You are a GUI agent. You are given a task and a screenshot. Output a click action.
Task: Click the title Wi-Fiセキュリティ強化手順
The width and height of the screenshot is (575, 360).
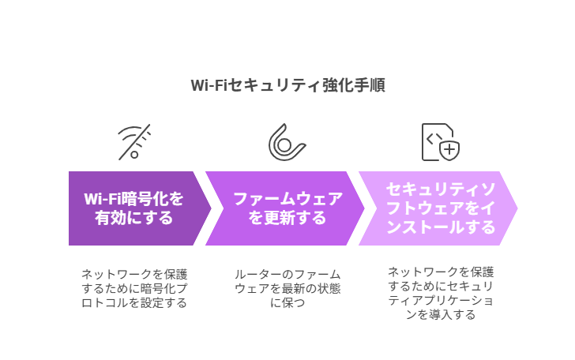[287, 85]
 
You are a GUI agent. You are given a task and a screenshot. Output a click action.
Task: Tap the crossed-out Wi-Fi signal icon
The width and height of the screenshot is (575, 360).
[134, 142]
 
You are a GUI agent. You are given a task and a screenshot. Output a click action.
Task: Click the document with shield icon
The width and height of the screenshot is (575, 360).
[441, 142]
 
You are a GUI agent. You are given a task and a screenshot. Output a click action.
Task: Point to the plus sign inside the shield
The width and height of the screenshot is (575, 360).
[449, 149]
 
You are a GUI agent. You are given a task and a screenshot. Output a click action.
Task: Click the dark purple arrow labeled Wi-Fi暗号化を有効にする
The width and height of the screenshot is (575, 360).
[139, 208]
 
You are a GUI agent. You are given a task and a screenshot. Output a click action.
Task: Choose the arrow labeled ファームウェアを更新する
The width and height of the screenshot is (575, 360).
[285, 208]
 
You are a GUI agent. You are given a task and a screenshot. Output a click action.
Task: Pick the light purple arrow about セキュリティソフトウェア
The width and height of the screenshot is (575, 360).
[438, 208]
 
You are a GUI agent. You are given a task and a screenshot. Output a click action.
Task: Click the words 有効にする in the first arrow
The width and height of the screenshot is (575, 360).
[133, 218]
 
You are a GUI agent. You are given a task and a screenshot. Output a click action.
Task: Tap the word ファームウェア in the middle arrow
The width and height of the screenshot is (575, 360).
[287, 199]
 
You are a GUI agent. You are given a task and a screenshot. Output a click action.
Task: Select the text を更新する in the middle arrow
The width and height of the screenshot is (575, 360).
[287, 218]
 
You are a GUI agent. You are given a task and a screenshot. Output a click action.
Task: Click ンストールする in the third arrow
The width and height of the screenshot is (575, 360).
[441, 227]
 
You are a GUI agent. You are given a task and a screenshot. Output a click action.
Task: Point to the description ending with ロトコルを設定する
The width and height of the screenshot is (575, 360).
[134, 288]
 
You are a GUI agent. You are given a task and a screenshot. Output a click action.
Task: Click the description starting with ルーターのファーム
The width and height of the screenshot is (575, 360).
[287, 288]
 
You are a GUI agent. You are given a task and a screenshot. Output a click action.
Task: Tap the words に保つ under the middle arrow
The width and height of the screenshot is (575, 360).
[287, 303]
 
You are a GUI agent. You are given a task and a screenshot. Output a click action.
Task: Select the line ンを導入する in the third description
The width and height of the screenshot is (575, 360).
[441, 314]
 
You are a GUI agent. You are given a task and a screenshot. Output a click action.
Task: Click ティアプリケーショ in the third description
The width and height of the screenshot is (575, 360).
[441, 300]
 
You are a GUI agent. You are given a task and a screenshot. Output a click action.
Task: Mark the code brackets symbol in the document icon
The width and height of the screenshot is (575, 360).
[434, 139]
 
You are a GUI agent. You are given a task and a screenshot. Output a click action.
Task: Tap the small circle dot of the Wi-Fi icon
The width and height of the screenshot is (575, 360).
[134, 154]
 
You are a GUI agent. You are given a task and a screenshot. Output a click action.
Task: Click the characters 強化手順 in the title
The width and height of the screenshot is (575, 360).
[354, 85]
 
